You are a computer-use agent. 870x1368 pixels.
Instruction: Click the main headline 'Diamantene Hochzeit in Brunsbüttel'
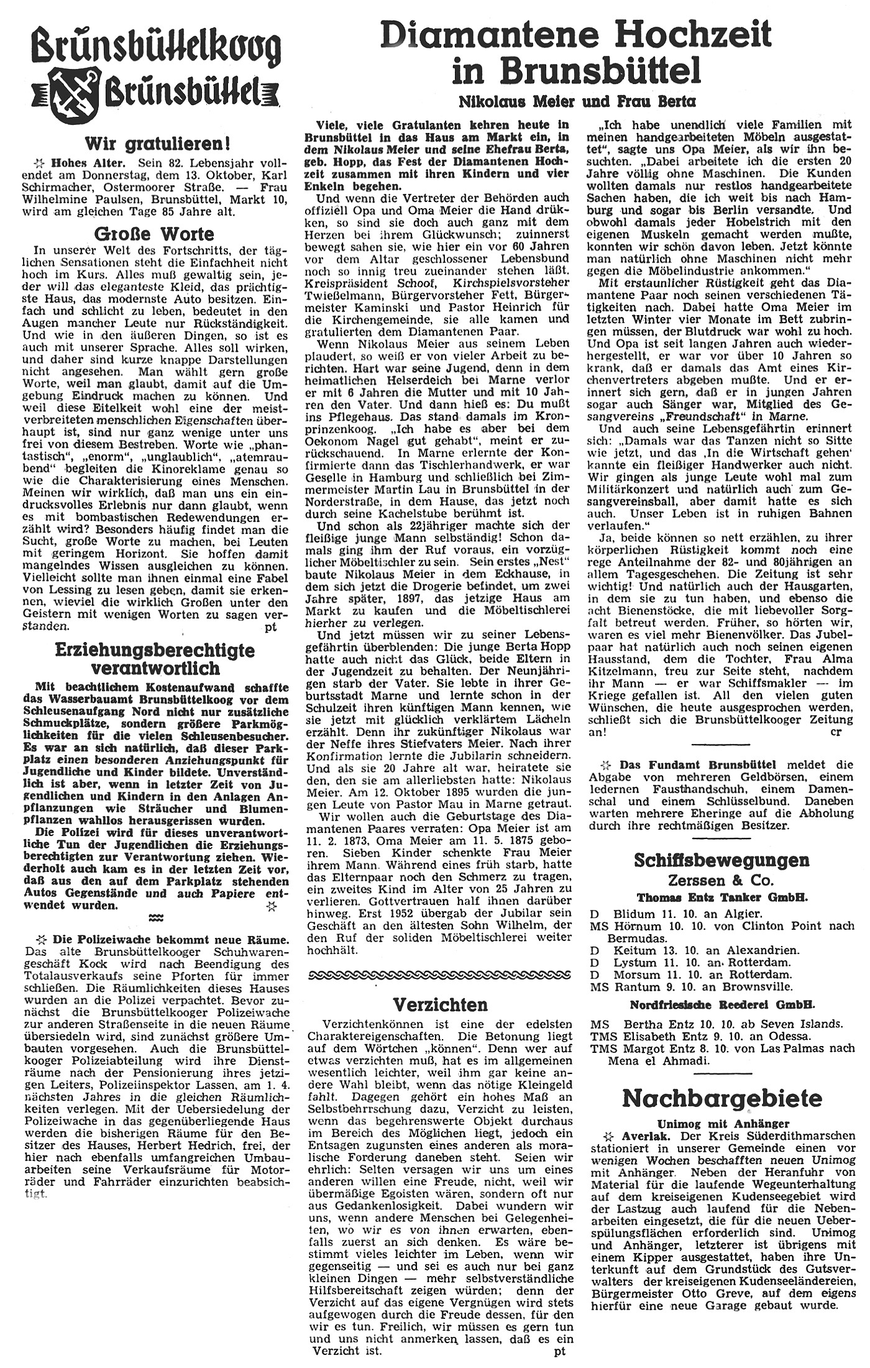576,52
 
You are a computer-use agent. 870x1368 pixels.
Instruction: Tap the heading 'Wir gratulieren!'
158,144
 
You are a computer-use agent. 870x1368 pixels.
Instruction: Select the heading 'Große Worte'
153,234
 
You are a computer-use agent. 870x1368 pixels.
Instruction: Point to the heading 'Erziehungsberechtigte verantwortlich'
155,659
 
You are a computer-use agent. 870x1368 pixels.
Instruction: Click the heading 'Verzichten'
441,1004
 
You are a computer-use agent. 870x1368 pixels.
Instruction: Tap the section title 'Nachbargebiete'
722,1098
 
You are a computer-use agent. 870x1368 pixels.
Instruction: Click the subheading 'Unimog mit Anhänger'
722,1123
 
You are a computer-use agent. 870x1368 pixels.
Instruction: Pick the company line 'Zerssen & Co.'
721,881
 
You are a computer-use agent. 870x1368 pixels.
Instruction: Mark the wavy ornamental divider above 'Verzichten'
440,974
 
